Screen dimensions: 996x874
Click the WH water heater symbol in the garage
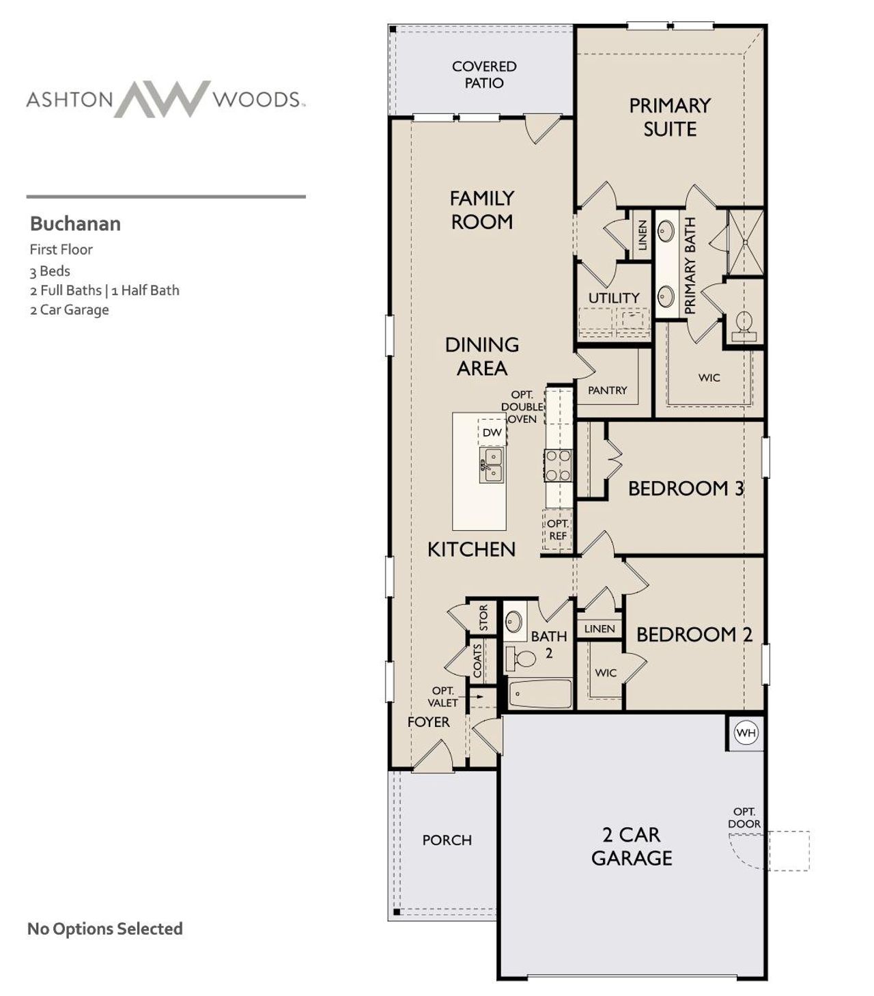point(746,733)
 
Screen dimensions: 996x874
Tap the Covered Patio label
point(484,74)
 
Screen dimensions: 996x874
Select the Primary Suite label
point(669,117)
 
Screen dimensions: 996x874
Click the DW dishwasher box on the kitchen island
point(492,432)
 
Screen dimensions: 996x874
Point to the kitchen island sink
point(492,465)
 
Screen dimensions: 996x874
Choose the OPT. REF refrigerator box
point(558,530)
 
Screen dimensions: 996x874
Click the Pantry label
point(607,390)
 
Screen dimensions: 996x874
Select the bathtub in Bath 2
point(541,694)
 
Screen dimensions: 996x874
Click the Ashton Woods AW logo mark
point(163,99)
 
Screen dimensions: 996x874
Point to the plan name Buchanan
point(75,223)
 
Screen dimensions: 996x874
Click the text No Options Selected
point(104,928)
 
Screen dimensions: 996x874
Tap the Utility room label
point(614,298)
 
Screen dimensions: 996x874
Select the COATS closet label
point(478,659)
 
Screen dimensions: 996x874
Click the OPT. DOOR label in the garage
point(744,818)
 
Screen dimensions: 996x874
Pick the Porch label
point(447,840)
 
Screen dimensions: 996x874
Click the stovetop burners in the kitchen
point(558,466)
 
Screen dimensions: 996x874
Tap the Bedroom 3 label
point(686,488)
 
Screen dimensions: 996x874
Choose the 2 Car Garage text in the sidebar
point(69,309)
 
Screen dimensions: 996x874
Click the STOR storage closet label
point(483,618)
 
